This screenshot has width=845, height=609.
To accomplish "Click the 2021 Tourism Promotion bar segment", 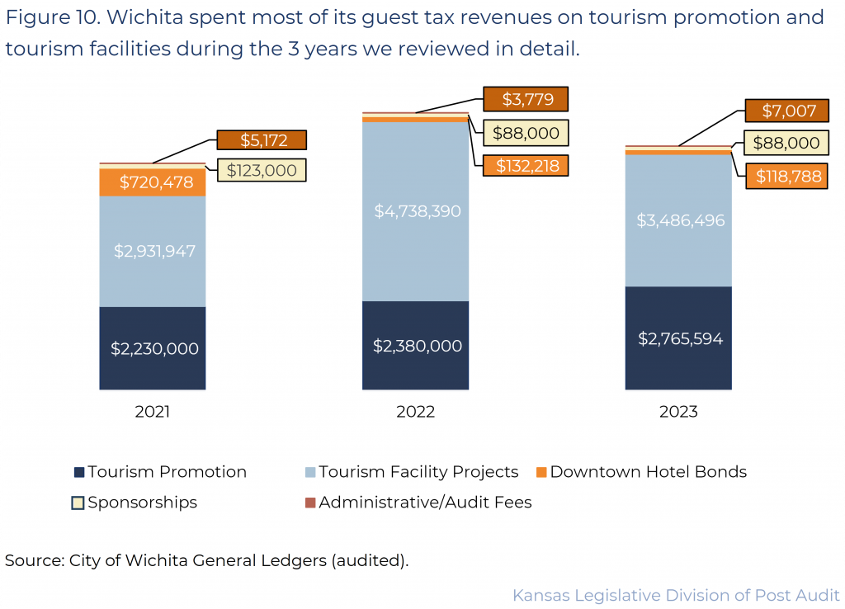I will pyautogui.click(x=153, y=348).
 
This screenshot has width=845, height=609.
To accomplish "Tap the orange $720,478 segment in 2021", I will pyautogui.click(x=153, y=182).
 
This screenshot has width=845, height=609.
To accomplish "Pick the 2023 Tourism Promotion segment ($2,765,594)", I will pyautogui.click(x=678, y=338).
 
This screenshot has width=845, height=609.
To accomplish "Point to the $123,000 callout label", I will pyautogui.click(x=262, y=170).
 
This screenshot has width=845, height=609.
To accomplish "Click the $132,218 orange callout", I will pyautogui.click(x=525, y=165).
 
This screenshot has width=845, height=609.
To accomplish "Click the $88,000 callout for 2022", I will pyautogui.click(x=525, y=133).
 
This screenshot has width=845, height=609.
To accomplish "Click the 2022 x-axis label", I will pyautogui.click(x=415, y=412).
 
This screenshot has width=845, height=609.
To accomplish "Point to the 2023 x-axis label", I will pyautogui.click(x=678, y=412).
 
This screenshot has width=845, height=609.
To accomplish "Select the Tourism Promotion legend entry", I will pyautogui.click(x=160, y=472).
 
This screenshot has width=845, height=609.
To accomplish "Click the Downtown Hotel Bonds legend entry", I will pyautogui.click(x=640, y=472).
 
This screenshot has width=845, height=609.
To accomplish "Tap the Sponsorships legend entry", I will pyautogui.click(x=135, y=502).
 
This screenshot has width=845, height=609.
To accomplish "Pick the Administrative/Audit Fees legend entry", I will pyautogui.click(x=418, y=502).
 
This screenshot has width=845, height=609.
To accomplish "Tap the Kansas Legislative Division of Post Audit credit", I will pyautogui.click(x=676, y=595).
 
